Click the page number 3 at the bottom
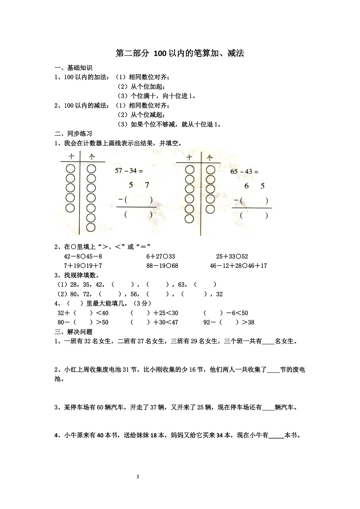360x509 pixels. [138, 477]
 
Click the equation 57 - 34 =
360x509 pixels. [129, 171]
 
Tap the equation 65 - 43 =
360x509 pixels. [244, 172]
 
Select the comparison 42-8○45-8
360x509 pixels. [83, 257]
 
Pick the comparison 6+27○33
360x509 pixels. [161, 257]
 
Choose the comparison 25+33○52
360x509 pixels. [232, 257]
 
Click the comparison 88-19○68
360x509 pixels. [162, 266]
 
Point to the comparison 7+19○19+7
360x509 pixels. [83, 266]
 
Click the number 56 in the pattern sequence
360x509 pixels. [134, 294]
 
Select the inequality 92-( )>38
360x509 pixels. [229, 322]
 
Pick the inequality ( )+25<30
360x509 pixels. [154, 313]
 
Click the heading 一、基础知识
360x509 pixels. [73, 68]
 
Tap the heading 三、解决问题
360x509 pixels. [73, 332]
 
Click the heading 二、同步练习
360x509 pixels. [73, 134]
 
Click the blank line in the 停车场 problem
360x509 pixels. [268, 408]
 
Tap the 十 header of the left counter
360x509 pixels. [71, 157]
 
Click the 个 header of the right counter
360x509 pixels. [209, 158]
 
